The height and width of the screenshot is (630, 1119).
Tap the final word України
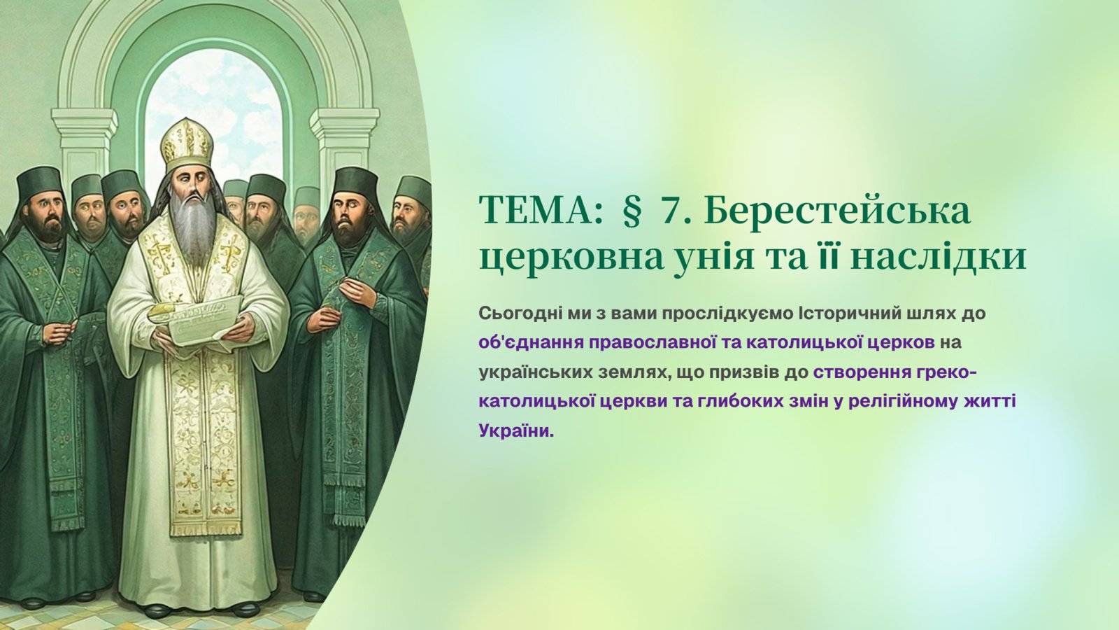point(517,430)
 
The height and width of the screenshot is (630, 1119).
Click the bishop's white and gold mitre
point(186,144)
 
